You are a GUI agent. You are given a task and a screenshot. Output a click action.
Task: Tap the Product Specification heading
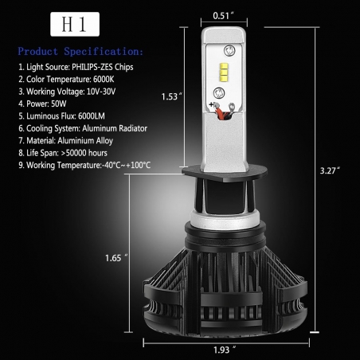click(x=80, y=50)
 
